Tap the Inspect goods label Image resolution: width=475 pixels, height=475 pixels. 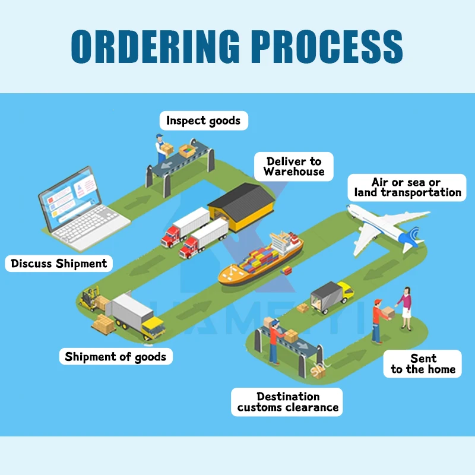click(203, 121)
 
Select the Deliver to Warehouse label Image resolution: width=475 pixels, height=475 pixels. click(294, 167)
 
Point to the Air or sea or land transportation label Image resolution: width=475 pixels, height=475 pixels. click(407, 187)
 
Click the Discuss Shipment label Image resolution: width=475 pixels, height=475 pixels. click(59, 264)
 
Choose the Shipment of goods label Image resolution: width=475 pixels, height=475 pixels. click(116, 357)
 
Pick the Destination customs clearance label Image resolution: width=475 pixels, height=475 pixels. click(288, 402)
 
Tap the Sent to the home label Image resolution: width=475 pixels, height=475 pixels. click(423, 363)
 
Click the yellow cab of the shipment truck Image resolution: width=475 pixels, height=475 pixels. click(153, 326)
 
